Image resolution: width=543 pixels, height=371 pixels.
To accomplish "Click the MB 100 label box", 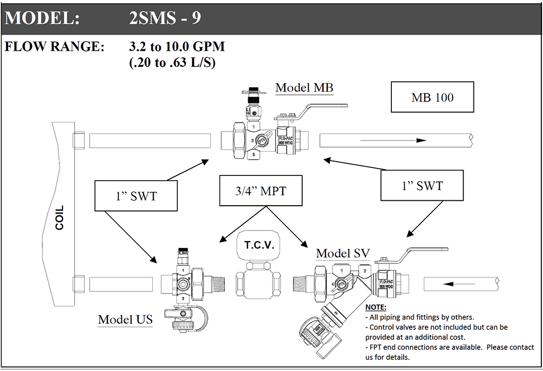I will (432, 98).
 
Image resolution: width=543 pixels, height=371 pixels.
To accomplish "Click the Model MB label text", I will (304, 87).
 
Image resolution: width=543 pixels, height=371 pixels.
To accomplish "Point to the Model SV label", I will (343, 253).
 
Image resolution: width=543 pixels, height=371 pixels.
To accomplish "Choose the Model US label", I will (125, 319).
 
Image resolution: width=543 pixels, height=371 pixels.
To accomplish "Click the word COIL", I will (59, 217).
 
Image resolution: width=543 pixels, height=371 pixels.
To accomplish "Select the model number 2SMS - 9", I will (165, 18).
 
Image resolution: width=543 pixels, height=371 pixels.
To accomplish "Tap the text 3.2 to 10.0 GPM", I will (177, 47).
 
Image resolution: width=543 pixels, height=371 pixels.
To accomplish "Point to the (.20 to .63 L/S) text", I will (174, 62).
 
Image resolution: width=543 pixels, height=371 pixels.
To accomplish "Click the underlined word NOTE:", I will (376, 307).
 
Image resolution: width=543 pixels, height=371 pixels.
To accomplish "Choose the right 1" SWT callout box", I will (422, 186).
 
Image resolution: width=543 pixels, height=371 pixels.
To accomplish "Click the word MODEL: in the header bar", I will (42, 18).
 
